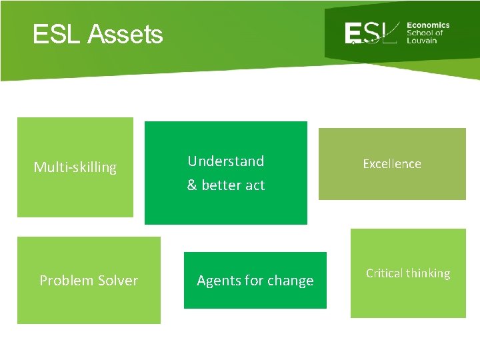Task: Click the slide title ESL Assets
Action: (x=97, y=34)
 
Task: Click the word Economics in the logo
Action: (x=428, y=25)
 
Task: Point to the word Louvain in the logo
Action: (x=421, y=41)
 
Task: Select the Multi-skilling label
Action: (x=75, y=167)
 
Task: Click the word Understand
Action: (x=225, y=161)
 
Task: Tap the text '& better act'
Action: (x=225, y=185)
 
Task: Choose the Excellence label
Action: (x=391, y=164)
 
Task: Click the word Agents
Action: (x=218, y=281)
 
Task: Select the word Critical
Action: (x=384, y=273)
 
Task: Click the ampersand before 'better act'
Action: (x=191, y=185)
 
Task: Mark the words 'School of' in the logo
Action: (x=425, y=33)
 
